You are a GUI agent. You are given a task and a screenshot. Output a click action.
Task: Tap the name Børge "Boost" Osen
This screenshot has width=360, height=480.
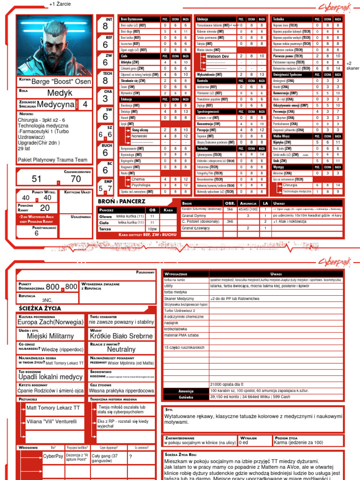61,81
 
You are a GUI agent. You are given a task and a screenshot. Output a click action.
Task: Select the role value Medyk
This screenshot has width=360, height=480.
60,93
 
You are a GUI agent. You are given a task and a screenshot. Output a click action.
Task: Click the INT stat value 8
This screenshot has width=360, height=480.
105,27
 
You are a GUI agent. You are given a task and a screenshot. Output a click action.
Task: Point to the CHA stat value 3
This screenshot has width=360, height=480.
105,99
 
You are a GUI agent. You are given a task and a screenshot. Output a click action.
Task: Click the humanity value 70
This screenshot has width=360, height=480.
75,179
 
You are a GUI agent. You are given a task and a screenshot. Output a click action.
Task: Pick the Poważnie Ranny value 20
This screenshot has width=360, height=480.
45,208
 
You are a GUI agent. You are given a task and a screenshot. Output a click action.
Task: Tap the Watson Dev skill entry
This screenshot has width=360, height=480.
217,56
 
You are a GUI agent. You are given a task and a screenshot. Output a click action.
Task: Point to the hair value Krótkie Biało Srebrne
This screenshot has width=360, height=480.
121,336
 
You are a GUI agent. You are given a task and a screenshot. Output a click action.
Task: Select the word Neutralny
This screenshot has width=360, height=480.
121,350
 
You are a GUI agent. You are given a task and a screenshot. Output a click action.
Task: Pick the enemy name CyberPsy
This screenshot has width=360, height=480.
52,456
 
